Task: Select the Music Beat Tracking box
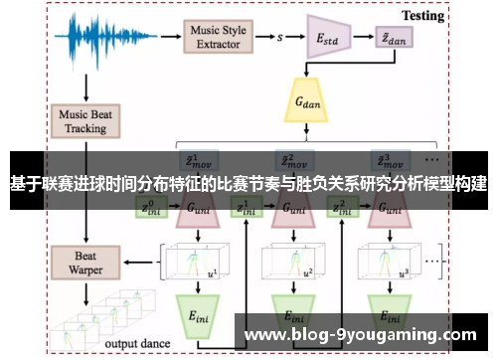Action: pyautogui.click(x=86, y=121)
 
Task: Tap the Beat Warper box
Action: pyautogui.click(x=86, y=235)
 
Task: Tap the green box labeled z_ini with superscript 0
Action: pyautogui.click(x=151, y=208)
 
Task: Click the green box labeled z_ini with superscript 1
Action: pyautogui.click(x=243, y=208)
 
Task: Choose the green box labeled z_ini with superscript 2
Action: pyautogui.click(x=340, y=208)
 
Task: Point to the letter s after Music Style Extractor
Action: pyautogui.click(x=281, y=38)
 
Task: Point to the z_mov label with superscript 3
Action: pyautogui.click(x=383, y=158)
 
